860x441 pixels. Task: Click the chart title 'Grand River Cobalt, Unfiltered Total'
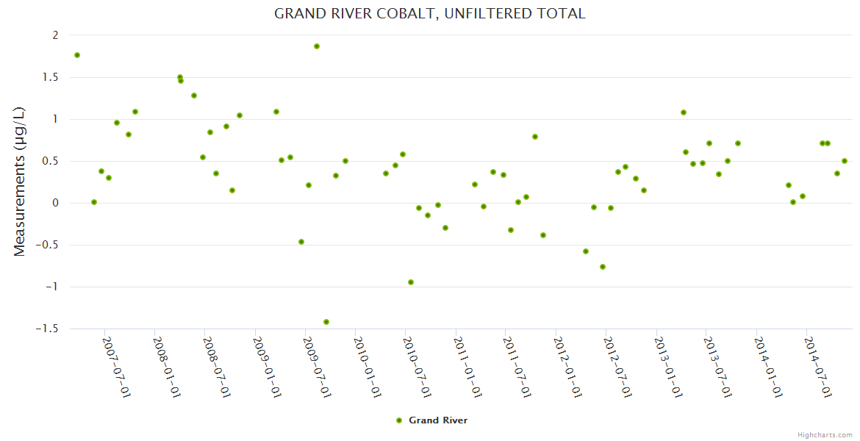(429, 13)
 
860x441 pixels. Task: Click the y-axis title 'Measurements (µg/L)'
(20, 182)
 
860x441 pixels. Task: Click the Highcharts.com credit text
(825, 434)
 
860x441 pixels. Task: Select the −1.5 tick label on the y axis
(47, 329)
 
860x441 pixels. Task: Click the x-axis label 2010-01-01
(368, 367)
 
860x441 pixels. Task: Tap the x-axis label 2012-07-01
(618, 367)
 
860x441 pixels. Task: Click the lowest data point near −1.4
(326, 322)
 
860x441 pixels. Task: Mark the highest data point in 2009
(317, 46)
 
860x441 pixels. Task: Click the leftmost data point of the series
(77, 55)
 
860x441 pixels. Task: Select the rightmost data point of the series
(845, 161)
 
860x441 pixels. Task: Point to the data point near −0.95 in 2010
(411, 282)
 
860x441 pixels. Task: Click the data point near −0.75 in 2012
(603, 267)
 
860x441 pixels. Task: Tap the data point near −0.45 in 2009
(301, 242)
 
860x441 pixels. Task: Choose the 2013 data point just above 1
(684, 112)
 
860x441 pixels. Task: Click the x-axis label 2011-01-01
(467, 367)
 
